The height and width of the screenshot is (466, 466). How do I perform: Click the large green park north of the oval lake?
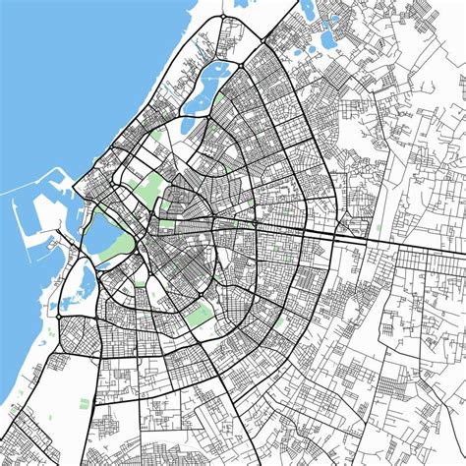click(x=147, y=187)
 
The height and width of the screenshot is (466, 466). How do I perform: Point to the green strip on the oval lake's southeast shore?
click(x=120, y=246)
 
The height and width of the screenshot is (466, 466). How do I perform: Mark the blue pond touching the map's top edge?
click(x=309, y=8)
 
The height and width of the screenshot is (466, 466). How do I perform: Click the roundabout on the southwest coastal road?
click(x=59, y=317)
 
